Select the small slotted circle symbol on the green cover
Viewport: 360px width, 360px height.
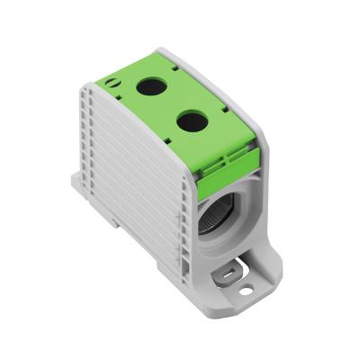(x=112, y=83)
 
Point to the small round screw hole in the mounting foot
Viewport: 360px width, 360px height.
(x=246, y=290)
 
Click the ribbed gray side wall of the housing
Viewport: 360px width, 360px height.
(x=135, y=171)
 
